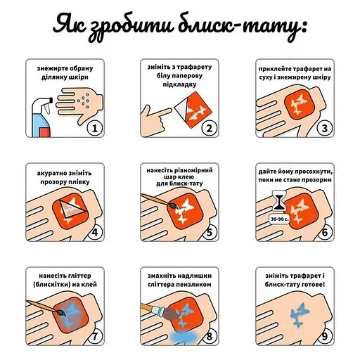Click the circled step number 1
click(94, 129)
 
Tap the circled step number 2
click(210, 129)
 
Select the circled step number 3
click(324, 129)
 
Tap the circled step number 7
click(94, 335)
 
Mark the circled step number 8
click(210, 335)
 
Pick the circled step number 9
click(324, 335)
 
